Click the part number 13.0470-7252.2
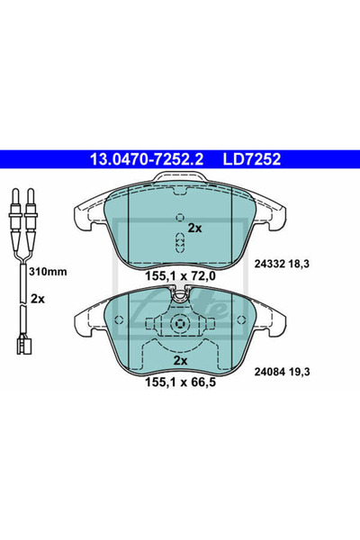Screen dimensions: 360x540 click(147, 159)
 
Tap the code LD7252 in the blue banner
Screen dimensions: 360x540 click(252, 159)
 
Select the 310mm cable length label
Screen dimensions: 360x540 click(48, 272)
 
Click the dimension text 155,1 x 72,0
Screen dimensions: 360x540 click(181, 275)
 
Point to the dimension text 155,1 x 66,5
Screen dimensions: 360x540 click(181, 382)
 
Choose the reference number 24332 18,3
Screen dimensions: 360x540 click(282, 264)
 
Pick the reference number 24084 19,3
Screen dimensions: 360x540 click(282, 372)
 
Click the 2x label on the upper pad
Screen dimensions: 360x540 click(195, 228)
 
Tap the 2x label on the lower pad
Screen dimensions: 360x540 click(180, 361)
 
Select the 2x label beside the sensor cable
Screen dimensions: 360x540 click(38, 299)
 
